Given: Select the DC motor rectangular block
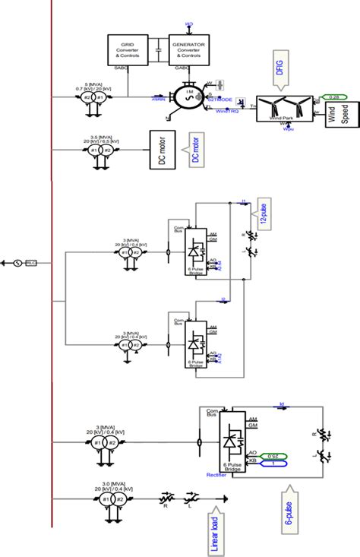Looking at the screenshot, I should click(161, 150).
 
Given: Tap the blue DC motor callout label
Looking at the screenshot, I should click(194, 150).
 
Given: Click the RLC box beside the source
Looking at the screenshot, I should click(31, 263).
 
